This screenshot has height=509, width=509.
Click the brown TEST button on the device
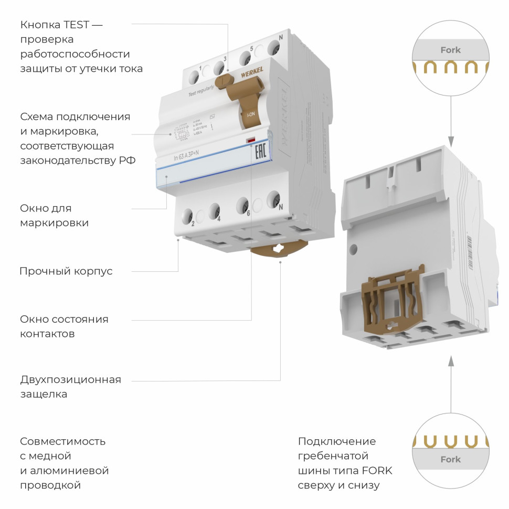(x=226, y=80)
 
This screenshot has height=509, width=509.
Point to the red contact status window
(x=251, y=141)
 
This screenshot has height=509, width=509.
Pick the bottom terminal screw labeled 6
(x=242, y=205)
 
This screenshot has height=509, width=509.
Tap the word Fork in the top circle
(x=450, y=50)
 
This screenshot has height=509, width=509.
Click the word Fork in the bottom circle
(x=450, y=459)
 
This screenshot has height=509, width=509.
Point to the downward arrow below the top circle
(x=451, y=141)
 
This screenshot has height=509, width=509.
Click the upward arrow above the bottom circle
(x=451, y=361)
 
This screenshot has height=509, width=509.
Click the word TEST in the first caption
(x=77, y=25)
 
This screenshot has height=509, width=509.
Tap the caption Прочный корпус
(x=66, y=271)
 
